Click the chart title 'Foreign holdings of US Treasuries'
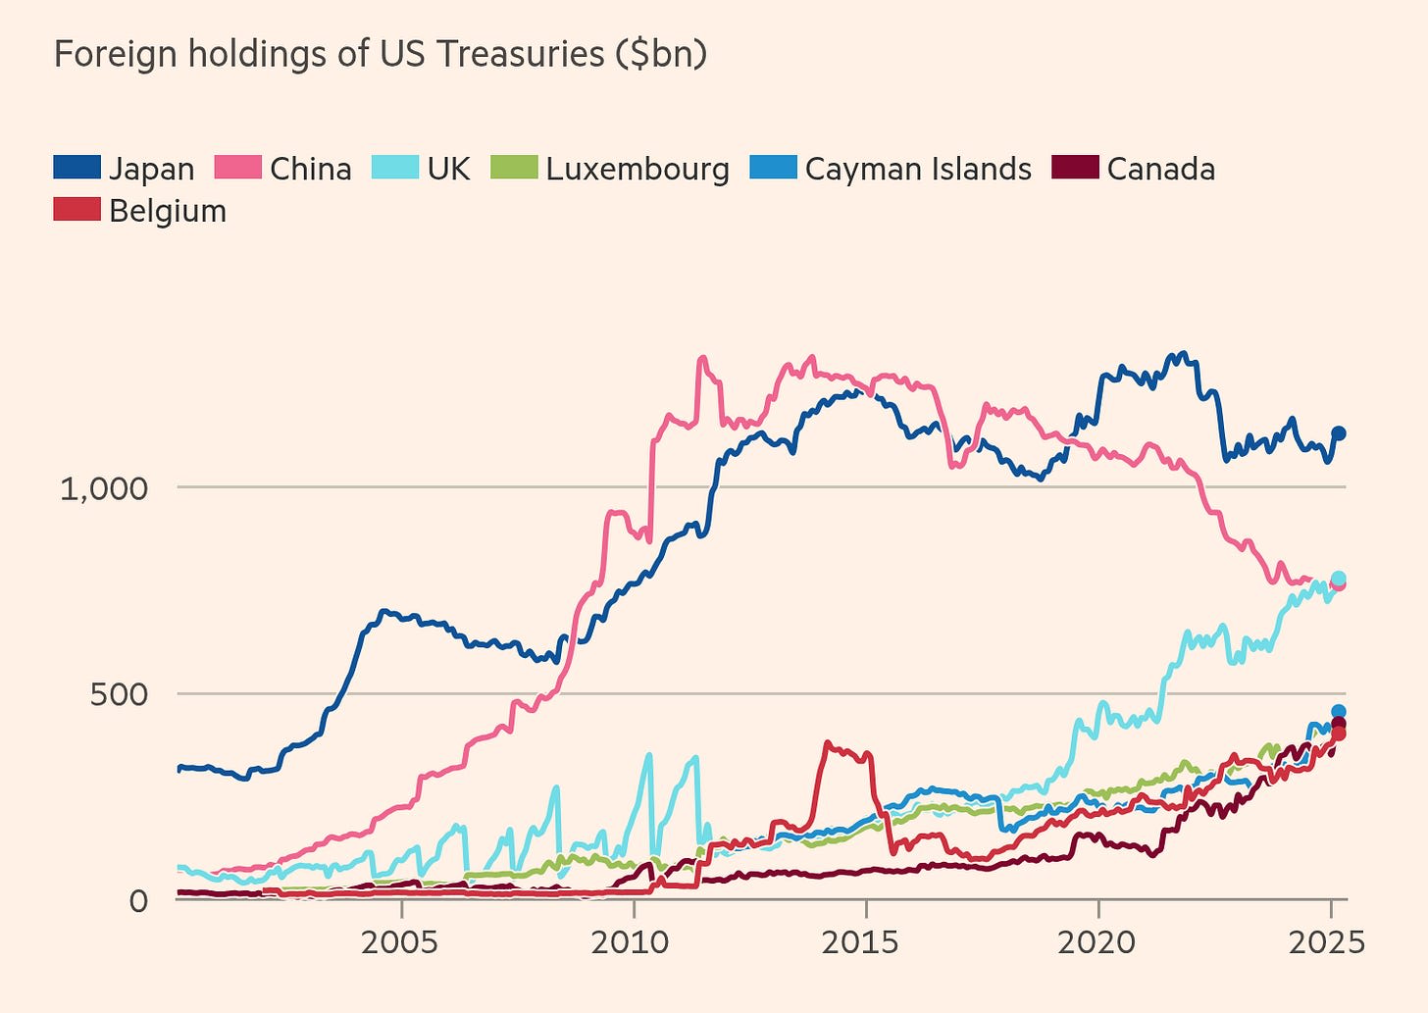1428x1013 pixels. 329,54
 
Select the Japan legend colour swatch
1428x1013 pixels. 76,169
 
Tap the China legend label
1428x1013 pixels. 310,169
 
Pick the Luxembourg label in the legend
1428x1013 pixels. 637,169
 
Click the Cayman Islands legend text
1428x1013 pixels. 918,169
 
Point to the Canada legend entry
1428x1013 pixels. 1160,169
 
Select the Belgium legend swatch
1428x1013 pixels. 76,211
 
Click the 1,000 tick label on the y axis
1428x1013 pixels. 104,487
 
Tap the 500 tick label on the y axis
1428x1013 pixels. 120,694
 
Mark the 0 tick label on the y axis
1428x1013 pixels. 138,900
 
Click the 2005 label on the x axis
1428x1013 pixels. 401,942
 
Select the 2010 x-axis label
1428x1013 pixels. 633,942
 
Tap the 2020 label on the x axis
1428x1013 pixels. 1097,942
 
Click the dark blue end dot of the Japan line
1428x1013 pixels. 1338,433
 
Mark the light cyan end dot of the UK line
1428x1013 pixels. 1338,579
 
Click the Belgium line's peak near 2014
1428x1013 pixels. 828,744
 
